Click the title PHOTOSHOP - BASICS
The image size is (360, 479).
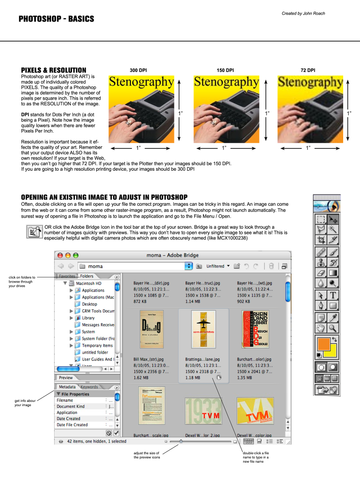pos(56,19)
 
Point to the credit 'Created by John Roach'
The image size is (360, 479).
pos(303,13)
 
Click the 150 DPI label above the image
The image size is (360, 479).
pos(225,70)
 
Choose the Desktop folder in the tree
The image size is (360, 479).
pos(89,304)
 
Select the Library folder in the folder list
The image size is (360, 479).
pos(88,318)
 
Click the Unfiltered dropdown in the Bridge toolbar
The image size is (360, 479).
pos(218,266)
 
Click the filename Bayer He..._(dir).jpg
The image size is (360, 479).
pos(151,283)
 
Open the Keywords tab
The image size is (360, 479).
pos(89,387)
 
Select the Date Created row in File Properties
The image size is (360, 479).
pos(68,419)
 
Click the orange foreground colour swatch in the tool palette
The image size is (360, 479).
pos(323,344)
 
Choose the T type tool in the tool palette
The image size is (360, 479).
pos(333,295)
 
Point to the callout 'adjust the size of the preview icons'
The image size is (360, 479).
pos(147,455)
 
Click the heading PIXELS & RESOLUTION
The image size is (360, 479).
pos(53,70)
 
